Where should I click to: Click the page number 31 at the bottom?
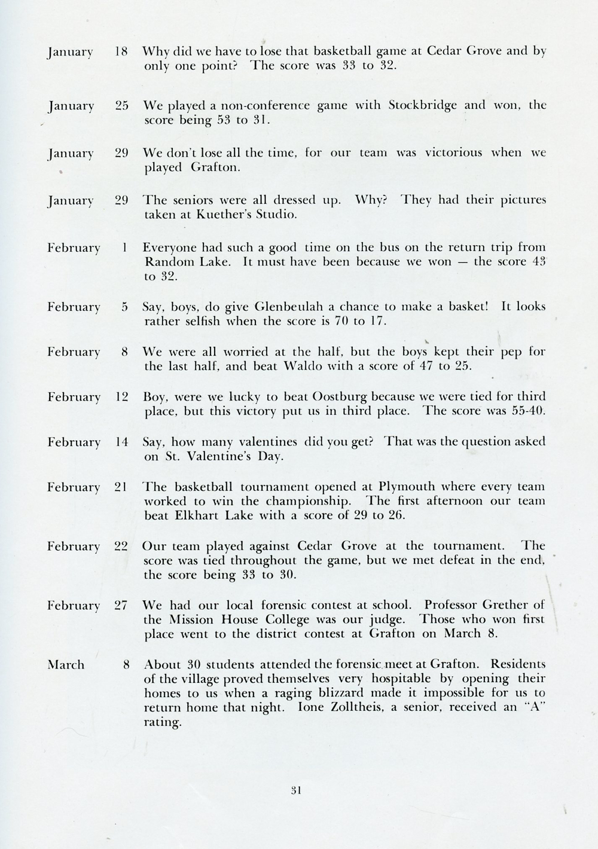295,790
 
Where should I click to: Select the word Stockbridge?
422,105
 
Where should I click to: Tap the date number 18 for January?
121,51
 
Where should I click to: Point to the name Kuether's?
220,215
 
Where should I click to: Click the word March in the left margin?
66,664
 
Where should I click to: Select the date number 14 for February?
121,442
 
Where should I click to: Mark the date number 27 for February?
121,605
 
